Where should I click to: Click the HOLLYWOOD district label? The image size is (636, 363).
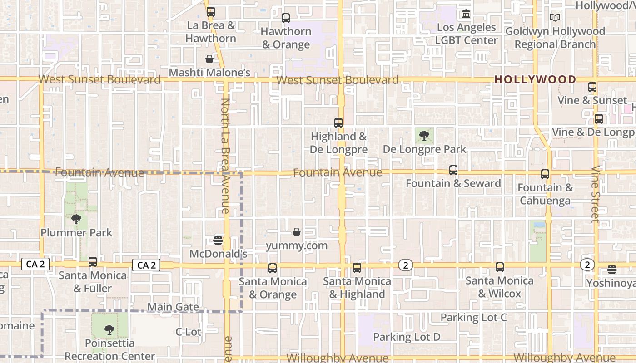[535, 79]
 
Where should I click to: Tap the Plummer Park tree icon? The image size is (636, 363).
[76, 220]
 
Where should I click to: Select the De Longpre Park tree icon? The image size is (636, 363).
[424, 135]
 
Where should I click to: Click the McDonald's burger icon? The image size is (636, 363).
[218, 240]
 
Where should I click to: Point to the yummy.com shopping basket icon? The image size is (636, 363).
[297, 232]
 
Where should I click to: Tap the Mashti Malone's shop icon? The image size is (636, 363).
[209, 59]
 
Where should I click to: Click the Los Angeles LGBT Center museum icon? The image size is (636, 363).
[466, 14]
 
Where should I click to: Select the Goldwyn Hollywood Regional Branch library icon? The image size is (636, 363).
[555, 18]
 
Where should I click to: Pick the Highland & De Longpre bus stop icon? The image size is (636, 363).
[338, 123]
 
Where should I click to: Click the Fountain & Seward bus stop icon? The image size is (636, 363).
[453, 170]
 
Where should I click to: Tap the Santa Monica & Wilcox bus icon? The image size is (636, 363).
[500, 267]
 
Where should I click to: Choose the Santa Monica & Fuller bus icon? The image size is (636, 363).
[93, 262]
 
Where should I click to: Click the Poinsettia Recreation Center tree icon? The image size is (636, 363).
[109, 330]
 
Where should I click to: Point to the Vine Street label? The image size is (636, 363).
[595, 194]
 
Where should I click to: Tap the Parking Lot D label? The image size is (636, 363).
[407, 337]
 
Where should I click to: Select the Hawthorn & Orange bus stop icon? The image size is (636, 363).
[286, 18]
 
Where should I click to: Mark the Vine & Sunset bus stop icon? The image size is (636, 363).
[592, 87]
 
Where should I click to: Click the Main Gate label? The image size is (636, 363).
[173, 307]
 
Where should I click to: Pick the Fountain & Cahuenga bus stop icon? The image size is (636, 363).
[545, 174]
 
